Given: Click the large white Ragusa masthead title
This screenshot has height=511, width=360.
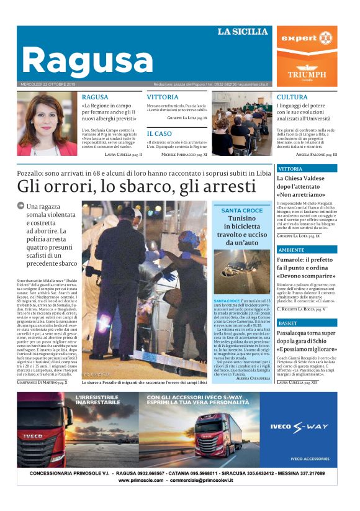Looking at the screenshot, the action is click(87, 60).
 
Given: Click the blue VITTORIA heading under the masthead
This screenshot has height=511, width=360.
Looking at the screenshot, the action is click(163, 97).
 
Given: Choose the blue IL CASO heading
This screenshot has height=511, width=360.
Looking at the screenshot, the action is click(160, 133).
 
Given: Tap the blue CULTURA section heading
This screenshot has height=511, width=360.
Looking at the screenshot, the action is click(292, 97).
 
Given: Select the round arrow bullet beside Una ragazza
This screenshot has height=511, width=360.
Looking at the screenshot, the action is click(20, 206).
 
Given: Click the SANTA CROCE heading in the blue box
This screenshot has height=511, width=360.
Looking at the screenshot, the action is click(241, 210).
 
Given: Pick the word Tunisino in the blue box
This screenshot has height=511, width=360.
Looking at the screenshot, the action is click(241, 219).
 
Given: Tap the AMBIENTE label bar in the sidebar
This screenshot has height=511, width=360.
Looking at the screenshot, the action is click(307, 250).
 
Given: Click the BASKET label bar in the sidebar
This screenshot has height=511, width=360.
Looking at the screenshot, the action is click(307, 323).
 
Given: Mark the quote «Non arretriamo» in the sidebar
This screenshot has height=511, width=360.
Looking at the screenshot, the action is click(300, 194).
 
